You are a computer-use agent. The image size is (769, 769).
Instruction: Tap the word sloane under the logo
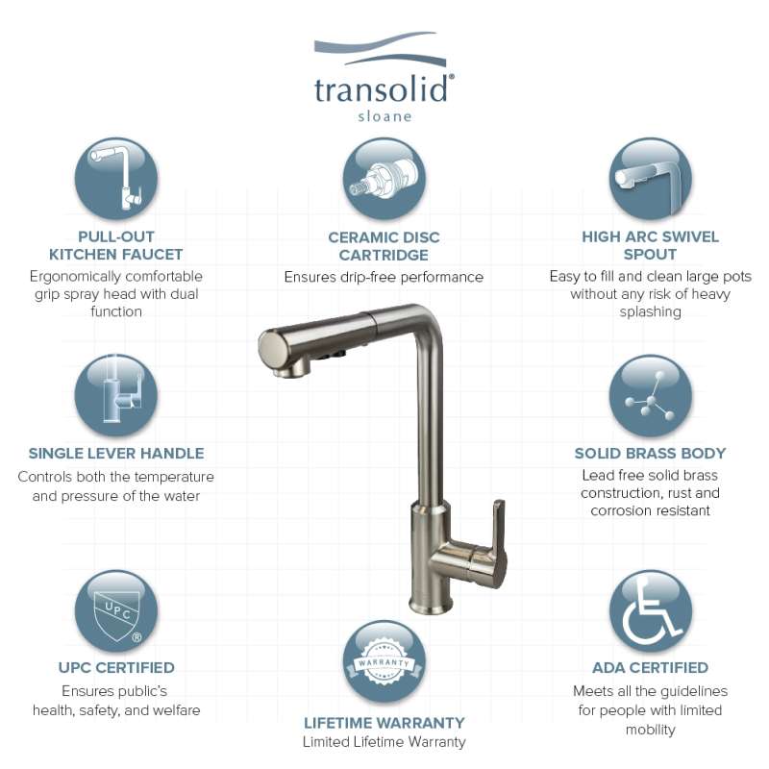pos(384,116)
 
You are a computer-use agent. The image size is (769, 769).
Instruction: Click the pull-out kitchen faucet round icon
pos(116,179)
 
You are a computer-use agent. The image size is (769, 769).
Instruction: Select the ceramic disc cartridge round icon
pos(384,179)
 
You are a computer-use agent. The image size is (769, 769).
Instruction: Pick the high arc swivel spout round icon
pos(651,179)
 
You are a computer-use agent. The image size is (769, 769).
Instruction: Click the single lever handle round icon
pos(116,395)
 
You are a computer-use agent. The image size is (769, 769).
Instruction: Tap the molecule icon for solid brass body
pos(651,396)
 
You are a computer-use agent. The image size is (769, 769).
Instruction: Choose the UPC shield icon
pos(116,611)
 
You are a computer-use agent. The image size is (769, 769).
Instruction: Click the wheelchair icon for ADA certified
pos(651,611)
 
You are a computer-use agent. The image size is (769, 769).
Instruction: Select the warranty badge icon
pos(384,661)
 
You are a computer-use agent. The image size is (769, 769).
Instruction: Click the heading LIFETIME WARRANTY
pos(384,723)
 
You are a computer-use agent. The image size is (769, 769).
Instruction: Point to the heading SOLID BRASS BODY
pos(651,453)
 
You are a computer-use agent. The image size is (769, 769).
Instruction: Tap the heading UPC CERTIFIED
pos(116,667)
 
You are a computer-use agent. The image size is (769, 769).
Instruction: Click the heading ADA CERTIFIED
pos(651,667)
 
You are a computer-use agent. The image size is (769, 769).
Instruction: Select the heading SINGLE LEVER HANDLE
pos(116,453)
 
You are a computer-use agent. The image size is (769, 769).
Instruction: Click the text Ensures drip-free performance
pos(384,277)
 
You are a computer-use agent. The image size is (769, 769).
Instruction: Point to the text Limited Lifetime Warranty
pos(384,742)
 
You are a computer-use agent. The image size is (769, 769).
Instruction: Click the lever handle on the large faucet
pos(494,544)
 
